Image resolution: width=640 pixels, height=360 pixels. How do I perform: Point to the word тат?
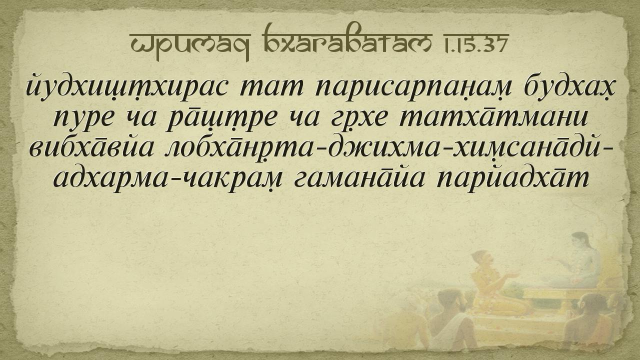point(272,88)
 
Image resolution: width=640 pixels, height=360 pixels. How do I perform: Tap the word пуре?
point(83,120)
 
